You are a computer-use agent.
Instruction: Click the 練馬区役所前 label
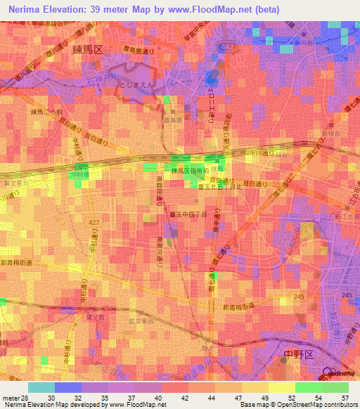(x=191, y=171)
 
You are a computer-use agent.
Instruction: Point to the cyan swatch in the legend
(x=41, y=387)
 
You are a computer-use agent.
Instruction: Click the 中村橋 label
(x=78, y=173)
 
